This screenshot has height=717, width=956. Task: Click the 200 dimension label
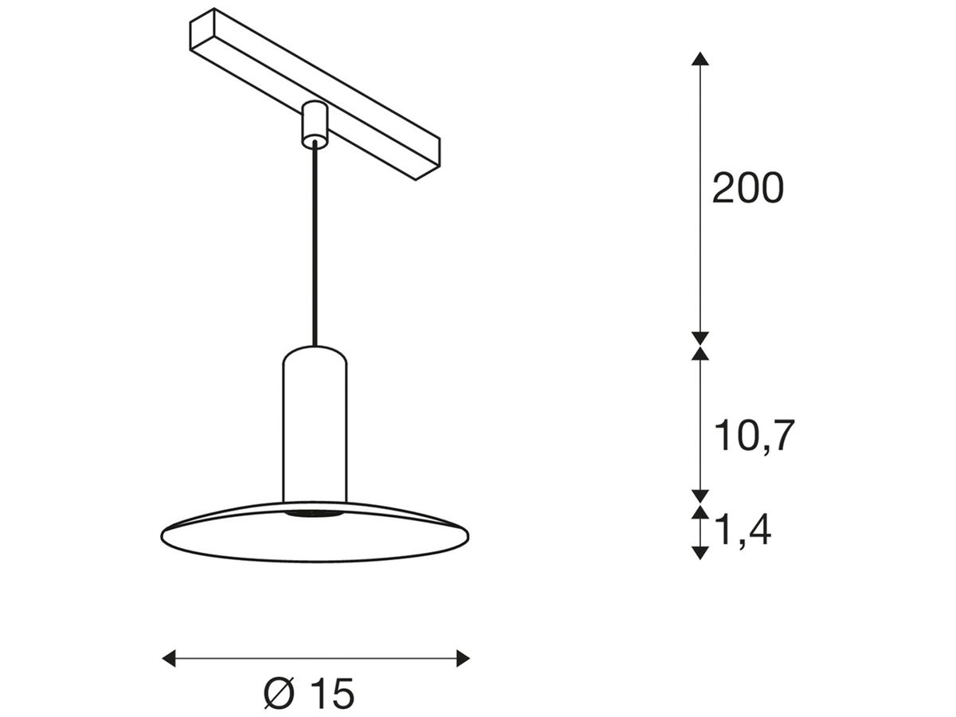747,190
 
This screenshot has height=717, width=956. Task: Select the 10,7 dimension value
754,436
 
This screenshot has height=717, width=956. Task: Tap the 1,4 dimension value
742,530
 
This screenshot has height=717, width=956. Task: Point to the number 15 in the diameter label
331,695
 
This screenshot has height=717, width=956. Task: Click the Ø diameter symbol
279,695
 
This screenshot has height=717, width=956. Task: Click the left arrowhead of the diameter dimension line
168,658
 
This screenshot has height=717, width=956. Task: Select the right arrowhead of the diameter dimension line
463,658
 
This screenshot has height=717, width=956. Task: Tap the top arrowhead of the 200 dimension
699,58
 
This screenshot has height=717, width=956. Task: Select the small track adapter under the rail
315,125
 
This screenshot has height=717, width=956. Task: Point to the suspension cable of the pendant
315,247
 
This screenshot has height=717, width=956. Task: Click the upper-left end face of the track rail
202,31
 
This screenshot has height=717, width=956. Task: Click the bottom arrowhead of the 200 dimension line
699,338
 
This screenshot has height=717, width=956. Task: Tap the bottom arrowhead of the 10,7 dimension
699,496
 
